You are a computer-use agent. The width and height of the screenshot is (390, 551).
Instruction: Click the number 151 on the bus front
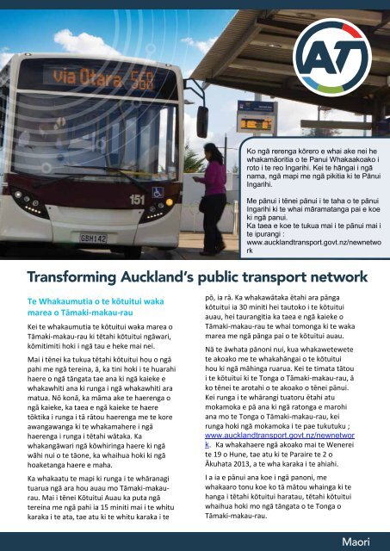click(x=139, y=200)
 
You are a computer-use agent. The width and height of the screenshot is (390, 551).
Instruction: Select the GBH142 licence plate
click(x=94, y=236)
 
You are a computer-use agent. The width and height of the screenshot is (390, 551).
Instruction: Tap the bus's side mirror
click(x=202, y=121)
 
